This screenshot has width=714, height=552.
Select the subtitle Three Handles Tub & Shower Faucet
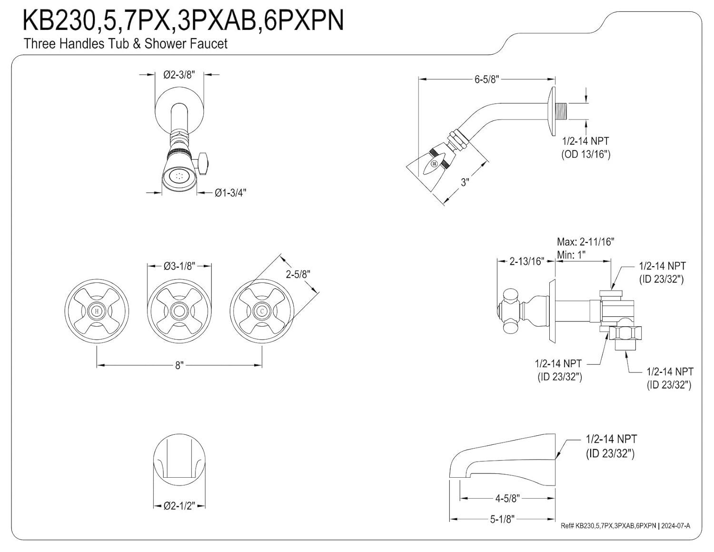point(126,44)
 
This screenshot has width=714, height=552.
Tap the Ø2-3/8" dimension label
point(179,75)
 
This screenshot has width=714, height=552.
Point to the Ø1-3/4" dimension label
point(230,192)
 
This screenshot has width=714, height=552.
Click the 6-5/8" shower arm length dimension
point(486,80)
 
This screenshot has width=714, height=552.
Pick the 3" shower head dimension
point(465,182)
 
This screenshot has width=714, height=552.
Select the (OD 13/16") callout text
point(585,154)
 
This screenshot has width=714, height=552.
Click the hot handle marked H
point(97,311)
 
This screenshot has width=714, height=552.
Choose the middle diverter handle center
point(179,311)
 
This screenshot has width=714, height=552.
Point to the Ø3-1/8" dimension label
point(179,266)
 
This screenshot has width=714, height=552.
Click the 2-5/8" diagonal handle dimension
point(298,274)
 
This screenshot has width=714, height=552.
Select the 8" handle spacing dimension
point(179,365)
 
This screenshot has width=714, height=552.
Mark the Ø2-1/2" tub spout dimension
point(179,506)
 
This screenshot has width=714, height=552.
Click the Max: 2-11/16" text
point(585,242)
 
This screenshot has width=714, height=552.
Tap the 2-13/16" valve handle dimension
point(526,261)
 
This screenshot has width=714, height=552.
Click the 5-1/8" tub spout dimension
point(503,519)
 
